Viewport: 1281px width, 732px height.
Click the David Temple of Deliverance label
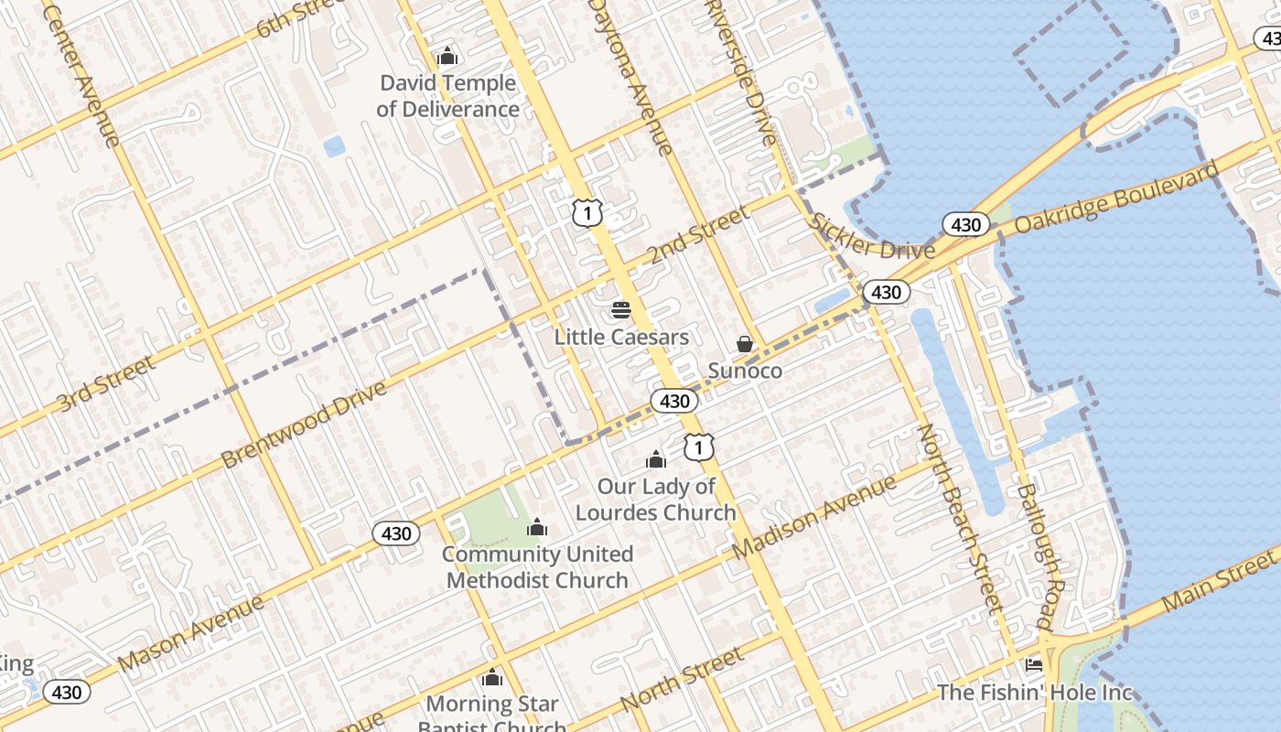tap(447, 96)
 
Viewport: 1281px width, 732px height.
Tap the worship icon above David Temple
tap(447, 57)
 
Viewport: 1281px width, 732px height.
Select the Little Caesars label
tap(621, 337)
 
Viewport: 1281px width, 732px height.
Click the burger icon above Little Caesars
tap(621, 309)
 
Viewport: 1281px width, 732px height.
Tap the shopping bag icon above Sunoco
tap(745, 344)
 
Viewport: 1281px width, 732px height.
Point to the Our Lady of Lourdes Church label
tap(655, 500)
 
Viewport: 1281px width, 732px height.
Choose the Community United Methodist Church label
tap(537, 567)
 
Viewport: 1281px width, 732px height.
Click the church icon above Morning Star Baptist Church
tap(492, 678)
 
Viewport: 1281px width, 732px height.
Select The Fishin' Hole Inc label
tap(1034, 693)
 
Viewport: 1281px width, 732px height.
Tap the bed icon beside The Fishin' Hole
tap(1034, 664)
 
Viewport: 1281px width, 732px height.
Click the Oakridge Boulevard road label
tap(1117, 197)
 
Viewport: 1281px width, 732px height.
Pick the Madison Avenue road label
tap(815, 517)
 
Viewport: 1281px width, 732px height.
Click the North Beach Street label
tap(960, 517)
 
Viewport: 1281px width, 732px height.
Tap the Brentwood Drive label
tap(304, 425)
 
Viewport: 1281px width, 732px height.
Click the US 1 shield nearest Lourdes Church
tap(699, 447)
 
